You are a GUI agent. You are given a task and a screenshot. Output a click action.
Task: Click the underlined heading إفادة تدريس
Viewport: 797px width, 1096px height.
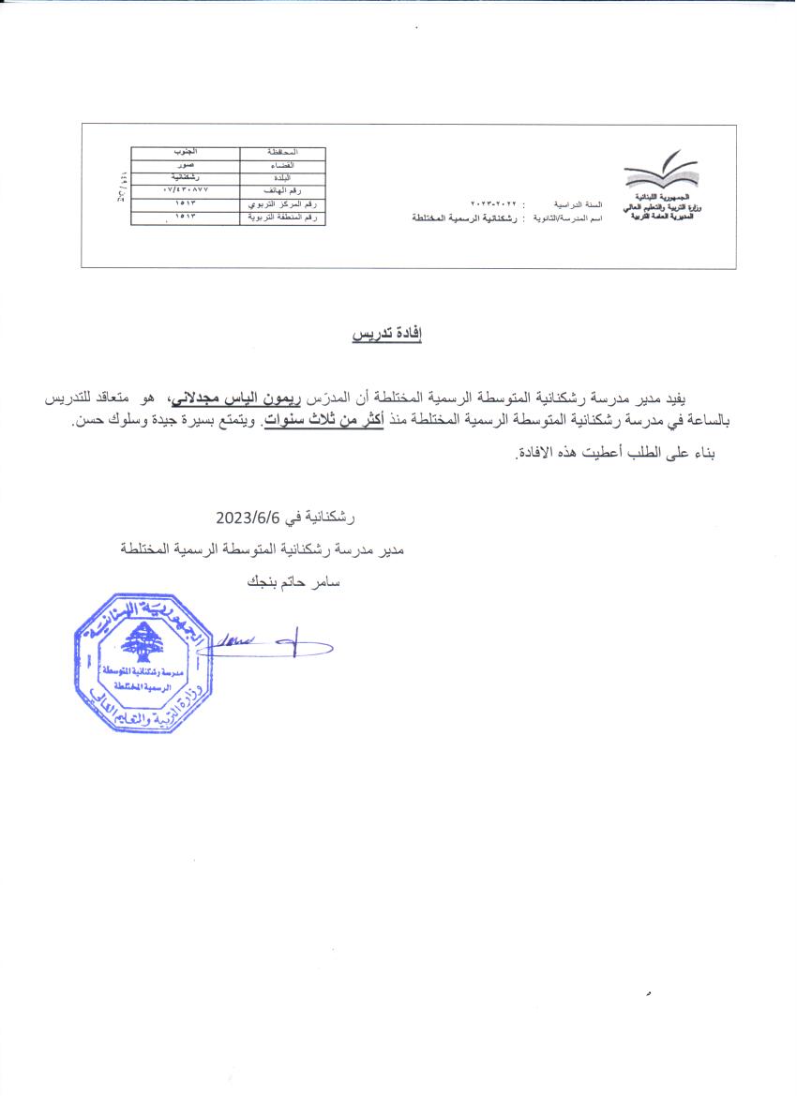tap(387, 335)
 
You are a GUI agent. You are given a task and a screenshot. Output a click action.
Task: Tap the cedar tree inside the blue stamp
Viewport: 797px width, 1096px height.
tap(143, 640)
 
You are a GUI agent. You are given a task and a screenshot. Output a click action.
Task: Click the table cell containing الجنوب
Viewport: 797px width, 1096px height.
tap(186, 151)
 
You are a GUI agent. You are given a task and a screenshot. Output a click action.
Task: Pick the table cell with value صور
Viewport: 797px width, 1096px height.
tap(186, 164)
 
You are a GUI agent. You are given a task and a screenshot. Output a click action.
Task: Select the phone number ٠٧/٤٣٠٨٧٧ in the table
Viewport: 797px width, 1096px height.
tap(185, 190)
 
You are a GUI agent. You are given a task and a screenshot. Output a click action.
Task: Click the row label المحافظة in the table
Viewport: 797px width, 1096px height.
tap(282, 151)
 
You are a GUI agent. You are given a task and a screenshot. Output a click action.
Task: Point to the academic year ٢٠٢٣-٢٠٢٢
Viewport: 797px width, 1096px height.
tap(495, 203)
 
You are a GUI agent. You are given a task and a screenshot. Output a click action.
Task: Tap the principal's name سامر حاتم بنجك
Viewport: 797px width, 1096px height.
tap(293, 581)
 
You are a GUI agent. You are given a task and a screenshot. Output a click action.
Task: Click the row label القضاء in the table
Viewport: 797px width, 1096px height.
tap(282, 164)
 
